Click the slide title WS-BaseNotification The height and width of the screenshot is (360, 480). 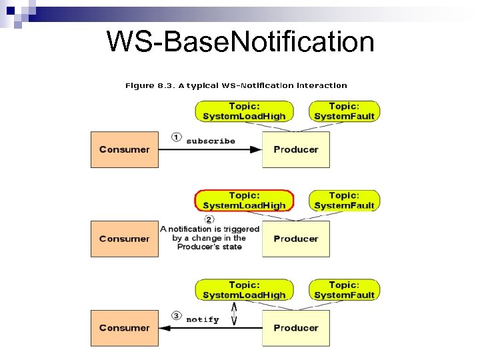tap(240, 42)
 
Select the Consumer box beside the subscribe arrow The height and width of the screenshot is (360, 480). tap(125, 149)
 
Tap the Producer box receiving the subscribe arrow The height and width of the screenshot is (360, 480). tap(295, 149)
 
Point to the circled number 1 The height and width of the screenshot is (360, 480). tap(177, 137)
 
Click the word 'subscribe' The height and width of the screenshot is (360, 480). tap(211, 141)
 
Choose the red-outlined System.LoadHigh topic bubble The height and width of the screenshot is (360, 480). tap(243, 201)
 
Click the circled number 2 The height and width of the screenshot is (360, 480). tap(209, 219)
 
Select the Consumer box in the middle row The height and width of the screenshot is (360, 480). tap(125, 239)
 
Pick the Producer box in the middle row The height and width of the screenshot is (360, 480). tap(295, 239)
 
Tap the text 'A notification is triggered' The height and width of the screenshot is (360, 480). tap(210, 229)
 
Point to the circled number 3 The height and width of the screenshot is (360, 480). tap(177, 316)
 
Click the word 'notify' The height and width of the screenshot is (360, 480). tap(203, 319)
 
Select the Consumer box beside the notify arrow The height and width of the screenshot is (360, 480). tap(125, 328)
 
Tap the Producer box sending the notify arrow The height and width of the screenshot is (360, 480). tap(295, 328)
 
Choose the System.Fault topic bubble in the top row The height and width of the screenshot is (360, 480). tap(344, 111)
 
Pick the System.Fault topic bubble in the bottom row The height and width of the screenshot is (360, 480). tap(344, 290)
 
